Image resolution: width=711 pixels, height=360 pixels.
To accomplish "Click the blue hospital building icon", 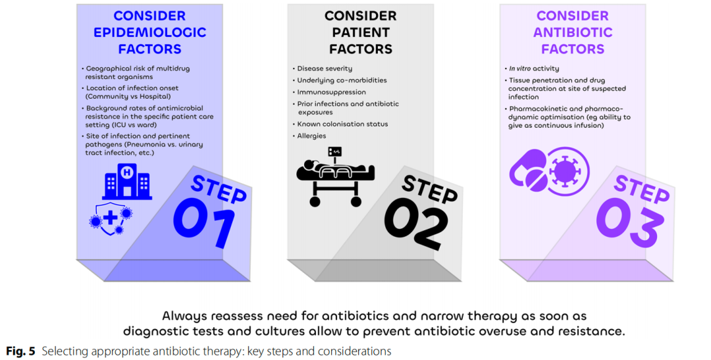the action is pos(127,182).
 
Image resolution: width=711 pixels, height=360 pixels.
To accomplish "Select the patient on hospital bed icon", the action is pos(335,177).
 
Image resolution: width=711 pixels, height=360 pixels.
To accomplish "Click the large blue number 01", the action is pos(205,222).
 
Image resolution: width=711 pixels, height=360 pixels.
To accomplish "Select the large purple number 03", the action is pos(627,222).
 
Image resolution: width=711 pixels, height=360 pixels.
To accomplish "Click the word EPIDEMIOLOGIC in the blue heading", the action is pos(149,32).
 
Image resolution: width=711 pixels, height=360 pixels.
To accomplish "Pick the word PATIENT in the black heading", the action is pos(361,32).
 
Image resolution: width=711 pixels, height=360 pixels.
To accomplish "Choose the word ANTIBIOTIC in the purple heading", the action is pos(573,32).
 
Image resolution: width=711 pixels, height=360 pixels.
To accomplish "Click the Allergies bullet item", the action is pos(309,136).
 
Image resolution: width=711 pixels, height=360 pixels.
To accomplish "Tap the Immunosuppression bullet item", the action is pos(329,92).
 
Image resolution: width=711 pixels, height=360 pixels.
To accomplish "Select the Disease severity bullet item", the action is pos(323,68).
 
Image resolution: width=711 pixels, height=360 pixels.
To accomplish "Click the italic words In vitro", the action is pos(519,68).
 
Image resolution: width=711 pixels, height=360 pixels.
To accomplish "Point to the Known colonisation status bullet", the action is pos(340,124).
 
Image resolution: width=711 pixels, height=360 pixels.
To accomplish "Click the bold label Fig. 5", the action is pos(20,351).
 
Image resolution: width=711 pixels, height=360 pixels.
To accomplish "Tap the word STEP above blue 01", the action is pos(219,188).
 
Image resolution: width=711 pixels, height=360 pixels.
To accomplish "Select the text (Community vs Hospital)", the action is pos(128,96).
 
